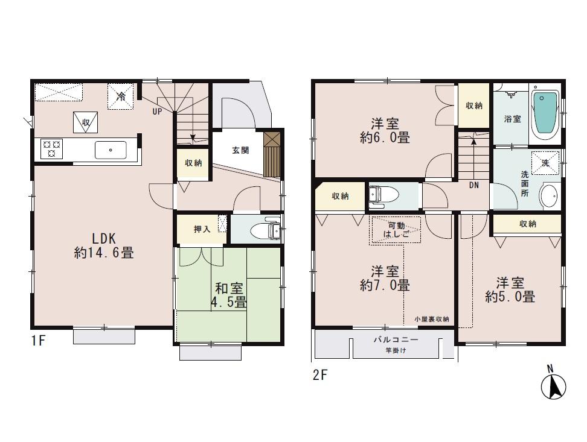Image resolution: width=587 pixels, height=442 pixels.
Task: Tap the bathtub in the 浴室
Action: pos(545,114)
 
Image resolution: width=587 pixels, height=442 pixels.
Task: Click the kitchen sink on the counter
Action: pos(111,150)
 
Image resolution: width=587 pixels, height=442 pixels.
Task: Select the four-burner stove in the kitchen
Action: pos(51,148)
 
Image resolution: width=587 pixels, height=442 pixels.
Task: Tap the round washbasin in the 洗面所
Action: pos(548,195)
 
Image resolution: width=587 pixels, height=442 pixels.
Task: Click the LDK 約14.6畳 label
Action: pos(103,245)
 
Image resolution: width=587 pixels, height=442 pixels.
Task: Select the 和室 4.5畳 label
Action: pos(228,295)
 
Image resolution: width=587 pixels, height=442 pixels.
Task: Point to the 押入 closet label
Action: pos(201,229)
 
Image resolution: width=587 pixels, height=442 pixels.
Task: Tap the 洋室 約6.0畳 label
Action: pos(385,131)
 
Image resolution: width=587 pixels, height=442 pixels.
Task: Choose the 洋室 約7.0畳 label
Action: pos(385,278)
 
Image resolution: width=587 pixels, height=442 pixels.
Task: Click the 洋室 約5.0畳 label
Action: pos(510,290)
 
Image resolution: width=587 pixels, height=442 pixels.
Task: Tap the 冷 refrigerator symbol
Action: pos(121,96)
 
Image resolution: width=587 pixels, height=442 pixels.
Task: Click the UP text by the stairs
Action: pos(157,112)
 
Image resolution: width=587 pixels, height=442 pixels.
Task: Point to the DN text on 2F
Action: pos(474,185)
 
